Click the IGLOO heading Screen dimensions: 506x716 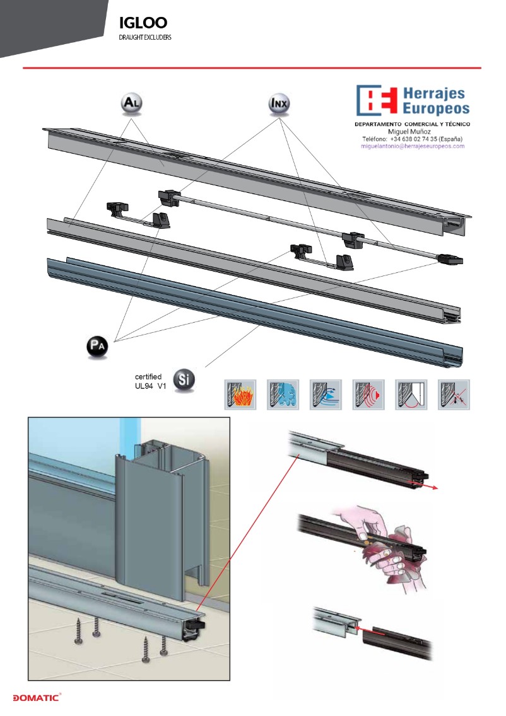coord(143,22)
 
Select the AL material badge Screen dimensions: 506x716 coord(132,103)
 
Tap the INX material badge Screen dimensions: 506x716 coord(279,103)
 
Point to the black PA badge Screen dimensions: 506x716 coord(97,347)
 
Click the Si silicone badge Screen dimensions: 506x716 coord(184,379)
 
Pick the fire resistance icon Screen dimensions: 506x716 coord(240,395)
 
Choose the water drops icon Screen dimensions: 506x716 coord(283,395)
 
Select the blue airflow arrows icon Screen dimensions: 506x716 coord(326,395)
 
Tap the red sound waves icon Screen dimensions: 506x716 coord(368,395)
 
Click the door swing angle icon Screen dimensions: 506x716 coord(411,395)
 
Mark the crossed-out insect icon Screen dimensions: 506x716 coord(454,395)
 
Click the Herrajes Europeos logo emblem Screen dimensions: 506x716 coord(376,100)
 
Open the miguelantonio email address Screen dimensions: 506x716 coord(412,146)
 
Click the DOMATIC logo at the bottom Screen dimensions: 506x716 coord(37,697)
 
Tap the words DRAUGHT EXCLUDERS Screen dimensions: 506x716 coord(145,37)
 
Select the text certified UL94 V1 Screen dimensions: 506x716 coord(150,381)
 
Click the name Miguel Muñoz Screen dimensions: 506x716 coord(409,132)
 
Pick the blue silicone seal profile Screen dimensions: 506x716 coord(255,311)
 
